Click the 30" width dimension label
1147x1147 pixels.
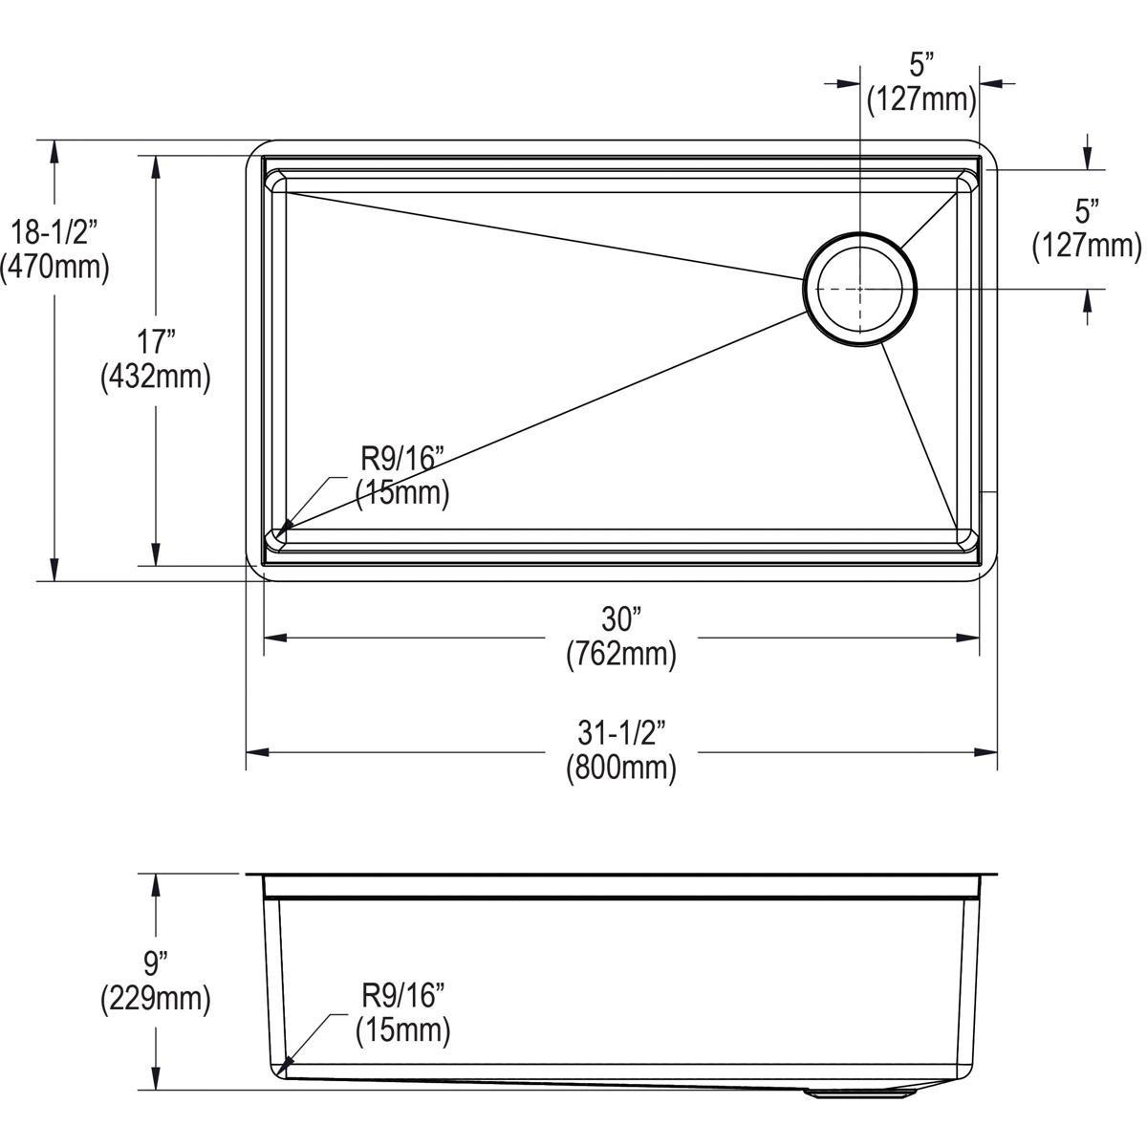[x=620, y=620]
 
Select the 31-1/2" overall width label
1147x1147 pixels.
[x=620, y=734]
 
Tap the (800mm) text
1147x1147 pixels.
[x=620, y=768]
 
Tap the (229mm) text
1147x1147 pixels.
[x=155, y=1000]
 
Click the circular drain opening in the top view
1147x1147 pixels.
[x=860, y=288]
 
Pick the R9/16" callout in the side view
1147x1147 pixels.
[x=403, y=996]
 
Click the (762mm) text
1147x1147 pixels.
[x=620, y=655]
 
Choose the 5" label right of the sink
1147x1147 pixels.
[x=1087, y=211]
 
